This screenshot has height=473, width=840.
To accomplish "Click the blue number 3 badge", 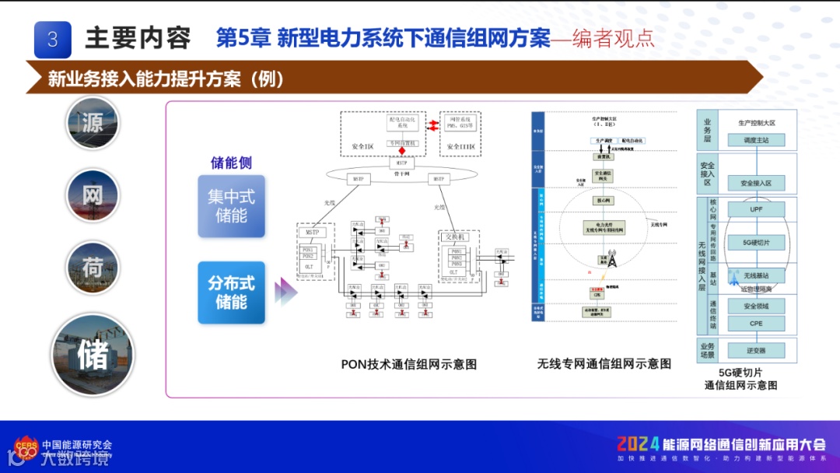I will coord(53,39).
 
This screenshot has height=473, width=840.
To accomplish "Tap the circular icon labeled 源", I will coord(93,123).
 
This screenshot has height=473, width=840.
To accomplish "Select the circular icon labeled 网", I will coord(93,195).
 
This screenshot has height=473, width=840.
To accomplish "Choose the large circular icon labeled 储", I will coord(93,355).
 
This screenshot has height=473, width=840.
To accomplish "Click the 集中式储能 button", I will coord(231,206).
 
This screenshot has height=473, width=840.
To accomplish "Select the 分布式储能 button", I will coord(231,292).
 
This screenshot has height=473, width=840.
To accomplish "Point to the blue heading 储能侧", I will coord(231,163).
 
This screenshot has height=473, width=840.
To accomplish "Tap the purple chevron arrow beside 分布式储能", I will coord(285,293).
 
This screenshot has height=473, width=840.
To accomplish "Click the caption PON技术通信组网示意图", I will coord(408,364).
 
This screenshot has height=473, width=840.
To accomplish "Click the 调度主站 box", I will coord(757,141).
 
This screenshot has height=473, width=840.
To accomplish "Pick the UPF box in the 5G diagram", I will coord(757,209).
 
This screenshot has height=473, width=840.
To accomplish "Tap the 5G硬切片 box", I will coord(757,243).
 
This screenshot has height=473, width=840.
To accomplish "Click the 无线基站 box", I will coord(757,275).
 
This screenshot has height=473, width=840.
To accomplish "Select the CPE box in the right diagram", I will coord(757,323).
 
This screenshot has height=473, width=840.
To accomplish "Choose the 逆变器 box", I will coord(757,350).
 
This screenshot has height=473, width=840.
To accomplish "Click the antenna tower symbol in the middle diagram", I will coord(611,258).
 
